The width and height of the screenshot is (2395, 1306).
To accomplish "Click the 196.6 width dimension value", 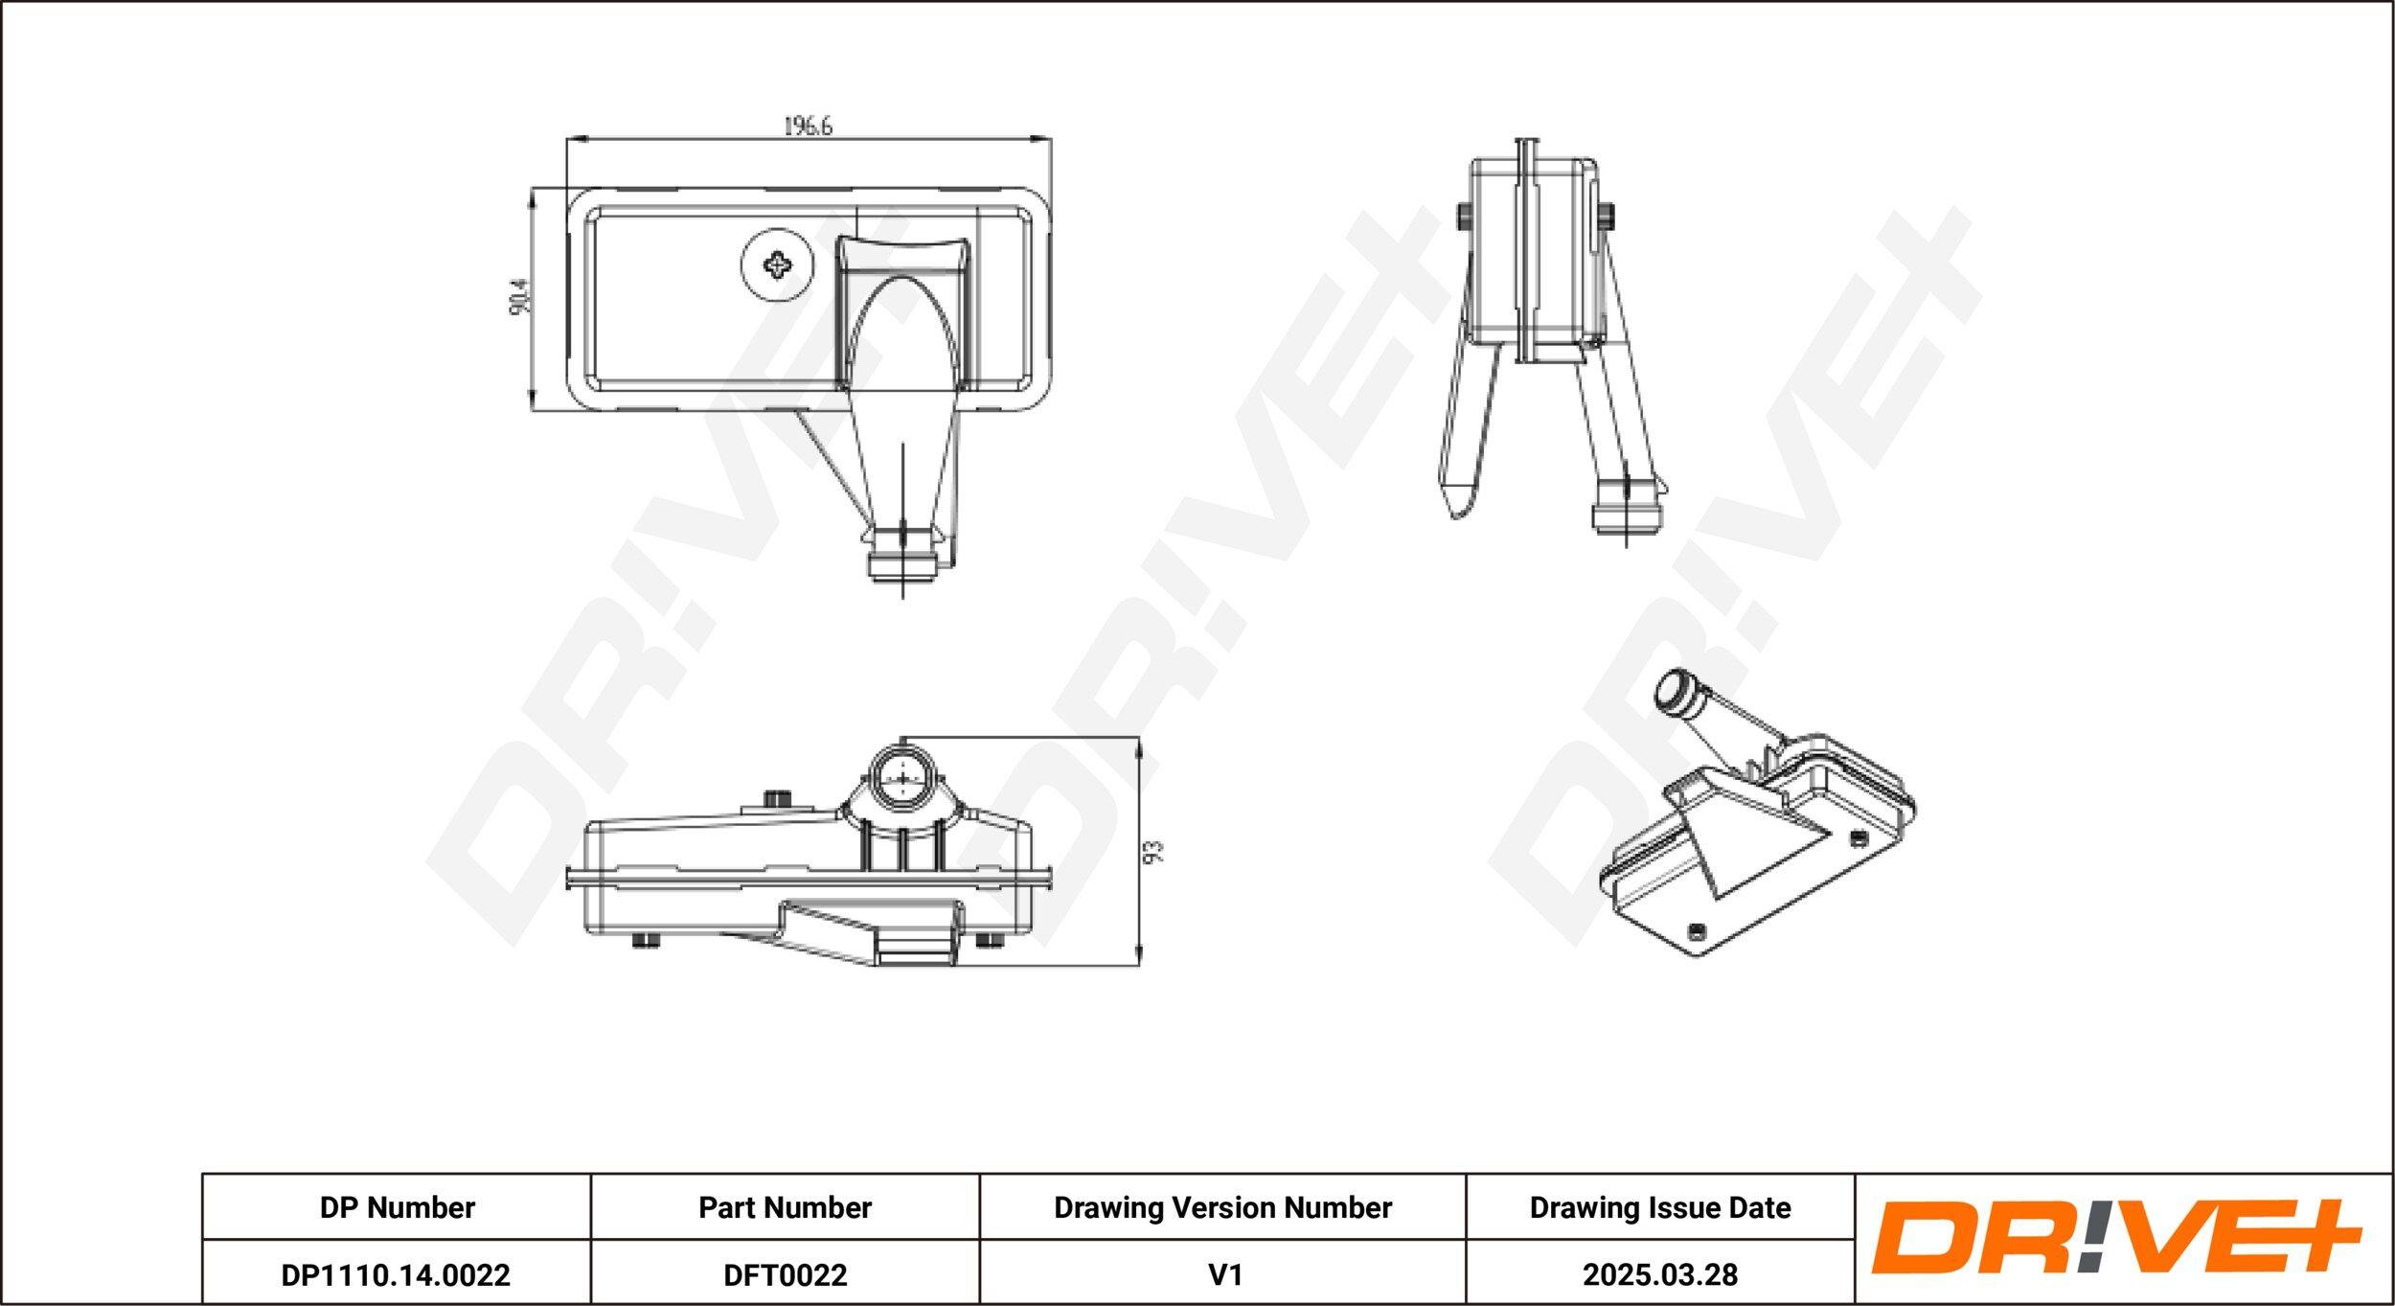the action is tap(809, 126).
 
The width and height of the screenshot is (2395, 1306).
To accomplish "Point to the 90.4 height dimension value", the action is tap(518, 297).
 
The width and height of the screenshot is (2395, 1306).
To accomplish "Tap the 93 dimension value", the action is tap(1155, 852).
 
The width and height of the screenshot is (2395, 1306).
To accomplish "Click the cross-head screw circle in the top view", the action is tap(777, 264).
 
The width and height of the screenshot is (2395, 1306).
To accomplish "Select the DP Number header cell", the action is tap(397, 1207).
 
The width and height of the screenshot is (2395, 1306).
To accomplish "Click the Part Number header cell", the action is tap(785, 1207).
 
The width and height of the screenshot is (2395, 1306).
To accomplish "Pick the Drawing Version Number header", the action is tap(1222, 1207).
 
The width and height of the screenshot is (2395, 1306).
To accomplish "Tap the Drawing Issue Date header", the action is tap(1660, 1207).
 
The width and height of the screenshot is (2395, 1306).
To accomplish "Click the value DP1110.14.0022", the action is tap(396, 1274).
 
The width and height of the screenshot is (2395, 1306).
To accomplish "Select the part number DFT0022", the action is tap(785, 1274).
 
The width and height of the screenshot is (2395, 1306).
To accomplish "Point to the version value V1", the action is tap(1224, 1274).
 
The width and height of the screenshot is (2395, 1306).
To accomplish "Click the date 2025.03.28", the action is tap(1660, 1274).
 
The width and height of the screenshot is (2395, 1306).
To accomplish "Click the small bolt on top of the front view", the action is tap(779, 799).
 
